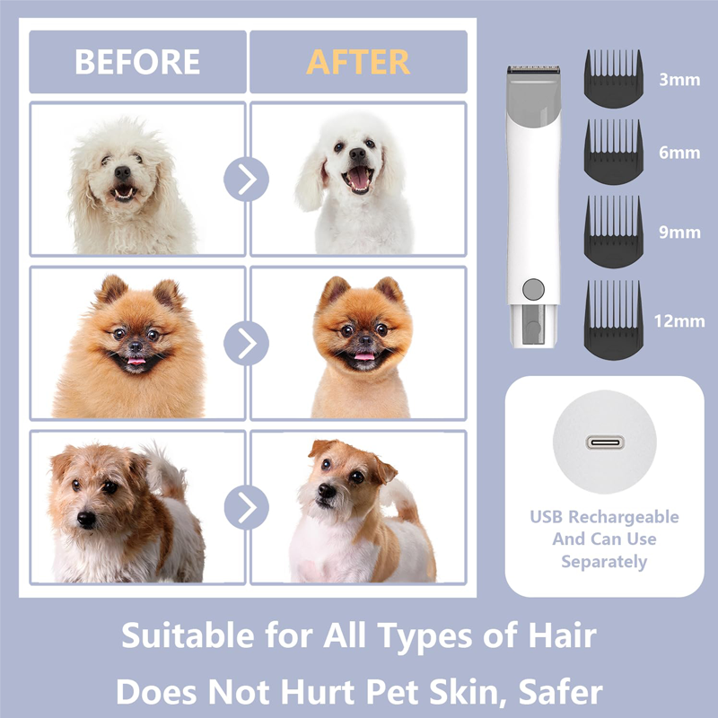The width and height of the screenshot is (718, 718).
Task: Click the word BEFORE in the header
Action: [x=137, y=62]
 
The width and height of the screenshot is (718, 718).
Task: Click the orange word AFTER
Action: [x=357, y=62]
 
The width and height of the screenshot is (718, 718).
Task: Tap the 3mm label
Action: [x=679, y=80]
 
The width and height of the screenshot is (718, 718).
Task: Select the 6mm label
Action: [x=679, y=153]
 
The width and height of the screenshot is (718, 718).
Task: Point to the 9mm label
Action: [x=679, y=232]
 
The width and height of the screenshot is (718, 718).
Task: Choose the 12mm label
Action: [x=679, y=321]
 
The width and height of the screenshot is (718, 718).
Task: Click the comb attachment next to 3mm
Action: [x=614, y=79]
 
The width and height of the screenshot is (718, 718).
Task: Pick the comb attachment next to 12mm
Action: [x=614, y=320]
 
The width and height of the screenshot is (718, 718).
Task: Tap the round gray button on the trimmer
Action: [x=533, y=289]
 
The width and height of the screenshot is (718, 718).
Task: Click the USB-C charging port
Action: [x=605, y=442]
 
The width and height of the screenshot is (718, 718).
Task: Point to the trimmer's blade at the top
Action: [x=533, y=70]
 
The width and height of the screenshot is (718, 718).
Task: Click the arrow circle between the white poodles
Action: [x=246, y=179]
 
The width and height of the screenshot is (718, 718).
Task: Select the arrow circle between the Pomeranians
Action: [x=246, y=344]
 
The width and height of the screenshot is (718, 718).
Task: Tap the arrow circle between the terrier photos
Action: [x=246, y=507]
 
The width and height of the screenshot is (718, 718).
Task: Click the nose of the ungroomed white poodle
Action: [x=122, y=172]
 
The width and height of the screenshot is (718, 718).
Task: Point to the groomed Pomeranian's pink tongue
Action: [x=364, y=355]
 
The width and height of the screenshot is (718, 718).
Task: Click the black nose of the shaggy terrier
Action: [x=86, y=519]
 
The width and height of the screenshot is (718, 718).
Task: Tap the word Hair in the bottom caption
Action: [x=563, y=635]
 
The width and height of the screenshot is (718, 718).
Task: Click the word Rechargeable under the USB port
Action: [x=623, y=518]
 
